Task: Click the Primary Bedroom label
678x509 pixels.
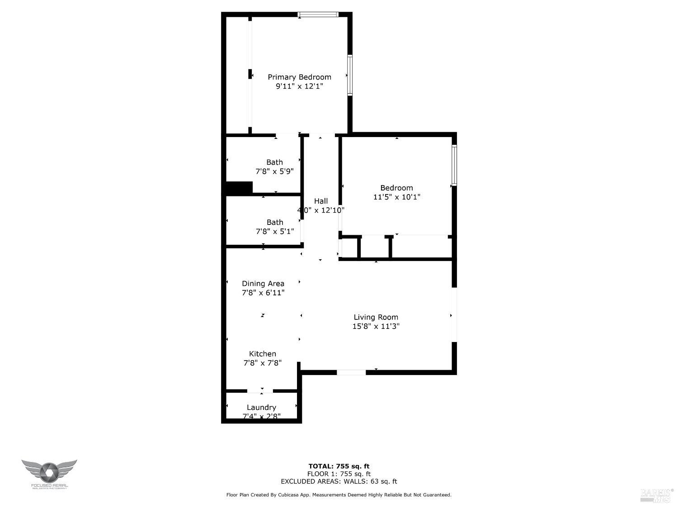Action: (x=299, y=77)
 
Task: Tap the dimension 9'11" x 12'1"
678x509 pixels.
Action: (x=299, y=86)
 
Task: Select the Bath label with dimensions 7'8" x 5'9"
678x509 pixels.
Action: (x=274, y=162)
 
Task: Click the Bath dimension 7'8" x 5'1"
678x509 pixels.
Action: (x=274, y=231)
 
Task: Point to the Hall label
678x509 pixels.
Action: (x=321, y=201)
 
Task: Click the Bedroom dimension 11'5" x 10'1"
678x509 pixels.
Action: (x=396, y=197)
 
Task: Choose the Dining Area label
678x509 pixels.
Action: (x=263, y=284)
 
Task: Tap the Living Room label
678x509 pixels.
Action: (x=376, y=317)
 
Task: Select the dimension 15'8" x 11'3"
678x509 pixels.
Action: (x=376, y=326)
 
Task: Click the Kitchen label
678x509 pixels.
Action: (x=263, y=354)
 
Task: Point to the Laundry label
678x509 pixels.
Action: (x=261, y=407)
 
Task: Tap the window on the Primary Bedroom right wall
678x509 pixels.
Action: (x=350, y=75)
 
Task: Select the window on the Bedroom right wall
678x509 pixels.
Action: (x=454, y=165)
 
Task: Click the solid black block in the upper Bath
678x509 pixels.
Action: (x=239, y=188)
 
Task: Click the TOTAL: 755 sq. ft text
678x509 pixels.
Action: (x=339, y=466)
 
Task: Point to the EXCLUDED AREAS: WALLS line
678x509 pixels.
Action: (x=339, y=481)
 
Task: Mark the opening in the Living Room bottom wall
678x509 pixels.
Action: (x=351, y=372)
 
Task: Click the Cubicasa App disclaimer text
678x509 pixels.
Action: (x=339, y=495)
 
